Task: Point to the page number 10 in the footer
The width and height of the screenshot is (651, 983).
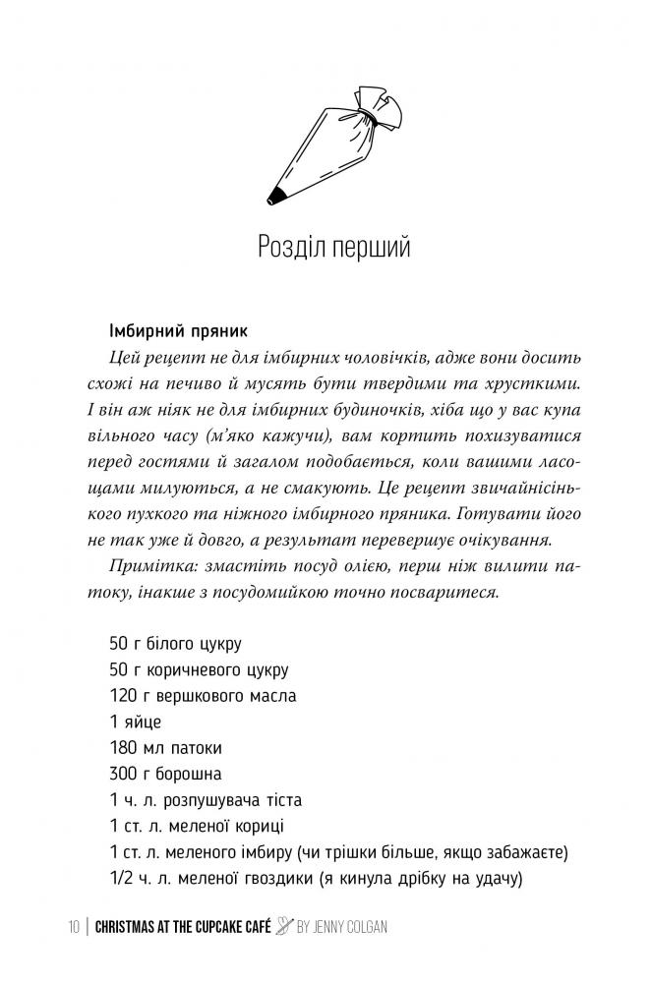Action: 76,928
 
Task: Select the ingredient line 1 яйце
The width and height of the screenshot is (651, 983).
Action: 136,723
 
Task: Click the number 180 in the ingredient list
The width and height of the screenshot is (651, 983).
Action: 124,748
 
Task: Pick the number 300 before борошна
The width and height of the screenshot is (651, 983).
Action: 125,774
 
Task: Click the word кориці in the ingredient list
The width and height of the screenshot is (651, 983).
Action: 265,825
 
